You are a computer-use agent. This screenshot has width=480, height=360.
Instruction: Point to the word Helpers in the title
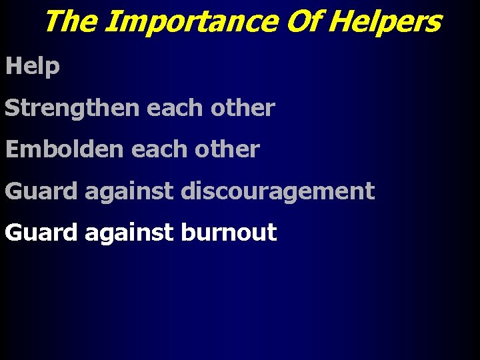[x=385, y=21]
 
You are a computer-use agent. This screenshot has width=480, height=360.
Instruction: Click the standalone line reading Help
[x=33, y=67]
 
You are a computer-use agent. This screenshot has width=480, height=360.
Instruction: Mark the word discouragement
[x=277, y=191]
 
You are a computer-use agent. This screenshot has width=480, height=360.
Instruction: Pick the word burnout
[x=229, y=233]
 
